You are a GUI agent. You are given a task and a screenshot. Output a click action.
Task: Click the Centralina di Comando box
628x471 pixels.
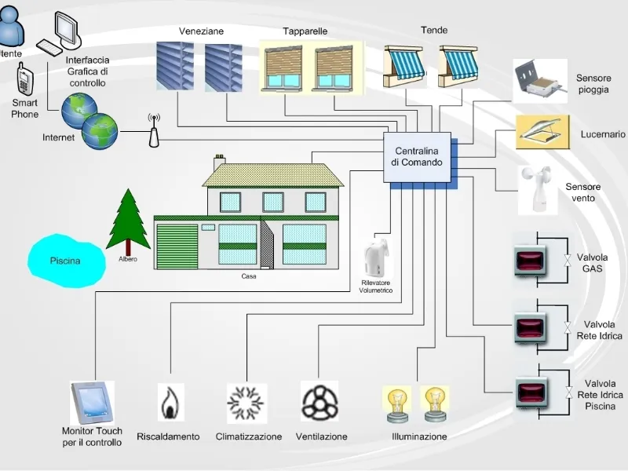[418, 158]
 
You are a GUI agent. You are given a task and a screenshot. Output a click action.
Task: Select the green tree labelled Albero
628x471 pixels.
[128, 221]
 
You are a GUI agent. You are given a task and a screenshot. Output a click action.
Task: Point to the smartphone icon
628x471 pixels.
[25, 79]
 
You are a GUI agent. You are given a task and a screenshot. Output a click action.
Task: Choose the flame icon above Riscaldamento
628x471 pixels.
[170, 403]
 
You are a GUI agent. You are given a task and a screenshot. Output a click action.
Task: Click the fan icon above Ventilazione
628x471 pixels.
[319, 401]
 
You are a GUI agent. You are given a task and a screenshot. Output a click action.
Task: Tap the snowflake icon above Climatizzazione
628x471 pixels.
[246, 403]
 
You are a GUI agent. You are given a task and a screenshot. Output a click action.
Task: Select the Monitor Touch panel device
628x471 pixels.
[92, 403]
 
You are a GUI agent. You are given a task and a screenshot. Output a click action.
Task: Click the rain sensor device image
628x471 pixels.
[540, 81]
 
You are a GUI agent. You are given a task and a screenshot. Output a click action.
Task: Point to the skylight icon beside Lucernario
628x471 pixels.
[542, 132]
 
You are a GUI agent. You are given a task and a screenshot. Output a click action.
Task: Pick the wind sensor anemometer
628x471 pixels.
[538, 190]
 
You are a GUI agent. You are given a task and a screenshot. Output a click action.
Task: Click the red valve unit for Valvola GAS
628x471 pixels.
[530, 261]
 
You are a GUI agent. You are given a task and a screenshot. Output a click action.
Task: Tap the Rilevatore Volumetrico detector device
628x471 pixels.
[377, 259]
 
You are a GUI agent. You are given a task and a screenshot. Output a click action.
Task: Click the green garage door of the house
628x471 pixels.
[177, 246]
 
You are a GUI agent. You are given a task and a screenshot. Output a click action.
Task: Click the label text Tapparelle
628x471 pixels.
[305, 31]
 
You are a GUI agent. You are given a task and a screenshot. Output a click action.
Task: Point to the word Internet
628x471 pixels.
[58, 137]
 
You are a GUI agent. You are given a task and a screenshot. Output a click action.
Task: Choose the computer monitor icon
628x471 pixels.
[68, 29]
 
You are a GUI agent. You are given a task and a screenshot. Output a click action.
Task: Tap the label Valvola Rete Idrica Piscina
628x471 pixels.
[600, 395]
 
